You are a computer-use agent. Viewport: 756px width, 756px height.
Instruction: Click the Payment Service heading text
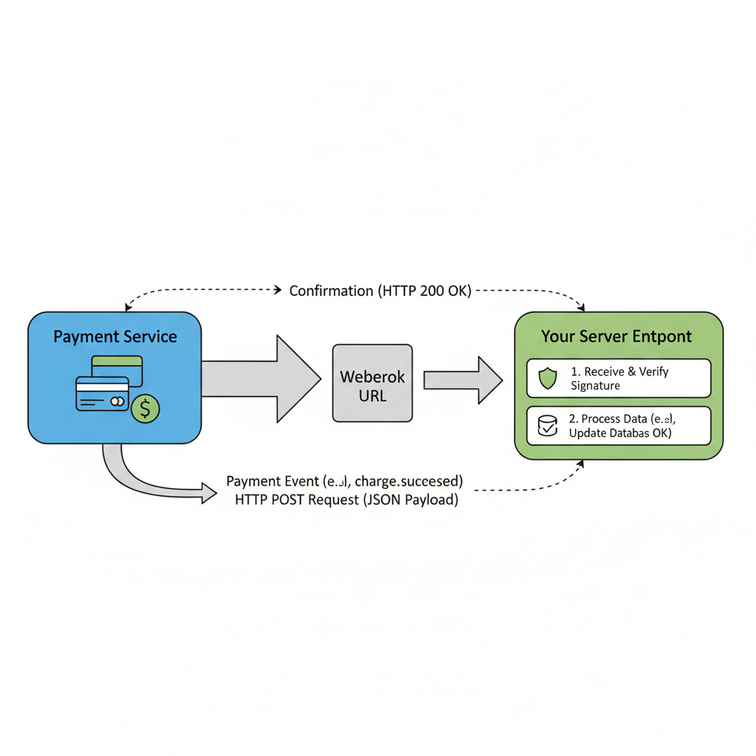tap(115, 337)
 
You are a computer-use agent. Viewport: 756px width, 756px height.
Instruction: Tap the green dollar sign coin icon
tap(145, 408)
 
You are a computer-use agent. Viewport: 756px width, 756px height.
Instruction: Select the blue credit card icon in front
tap(102, 394)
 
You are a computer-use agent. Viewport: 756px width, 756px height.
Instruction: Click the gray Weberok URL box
tap(372, 383)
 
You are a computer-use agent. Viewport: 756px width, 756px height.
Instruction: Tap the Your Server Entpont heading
tap(616, 337)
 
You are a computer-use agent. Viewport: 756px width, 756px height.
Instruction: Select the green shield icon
tap(547, 379)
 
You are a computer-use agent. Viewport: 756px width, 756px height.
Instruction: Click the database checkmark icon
tap(547, 426)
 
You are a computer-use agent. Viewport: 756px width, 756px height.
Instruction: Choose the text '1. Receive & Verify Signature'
tap(619, 378)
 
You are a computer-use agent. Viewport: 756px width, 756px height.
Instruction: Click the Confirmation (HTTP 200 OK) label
tap(379, 291)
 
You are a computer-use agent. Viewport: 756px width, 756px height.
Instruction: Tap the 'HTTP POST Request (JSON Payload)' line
tap(346, 500)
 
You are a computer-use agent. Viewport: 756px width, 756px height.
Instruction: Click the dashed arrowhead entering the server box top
tap(582, 306)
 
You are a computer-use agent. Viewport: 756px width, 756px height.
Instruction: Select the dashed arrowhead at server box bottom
tap(581, 464)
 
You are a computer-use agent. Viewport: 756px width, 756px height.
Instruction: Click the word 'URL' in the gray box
tap(372, 395)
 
